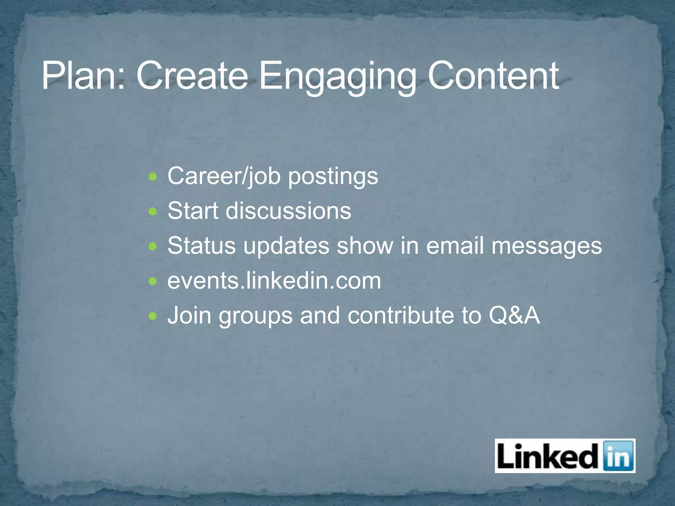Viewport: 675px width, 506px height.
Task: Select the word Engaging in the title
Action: pyautogui.click(x=337, y=76)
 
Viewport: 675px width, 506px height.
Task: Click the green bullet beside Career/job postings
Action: pyautogui.click(x=153, y=177)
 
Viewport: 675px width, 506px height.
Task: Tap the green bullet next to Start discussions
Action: pyautogui.click(x=153, y=211)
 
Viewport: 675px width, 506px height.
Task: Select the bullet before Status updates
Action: pyautogui.click(x=153, y=246)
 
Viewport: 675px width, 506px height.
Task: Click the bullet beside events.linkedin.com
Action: pyautogui.click(x=153, y=281)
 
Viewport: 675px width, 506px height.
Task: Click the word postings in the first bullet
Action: pyautogui.click(x=333, y=177)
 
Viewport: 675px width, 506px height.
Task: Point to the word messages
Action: pyautogui.click(x=546, y=246)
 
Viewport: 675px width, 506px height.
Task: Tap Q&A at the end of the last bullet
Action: pyautogui.click(x=514, y=316)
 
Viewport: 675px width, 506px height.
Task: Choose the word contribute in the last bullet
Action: pyautogui.click(x=400, y=316)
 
